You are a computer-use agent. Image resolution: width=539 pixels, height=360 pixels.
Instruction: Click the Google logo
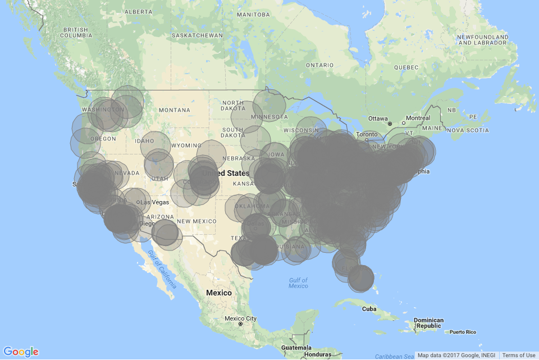(x=21, y=352)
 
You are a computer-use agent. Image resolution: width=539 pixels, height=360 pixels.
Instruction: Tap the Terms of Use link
(x=518, y=356)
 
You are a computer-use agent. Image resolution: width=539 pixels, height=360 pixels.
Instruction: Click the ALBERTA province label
(x=139, y=12)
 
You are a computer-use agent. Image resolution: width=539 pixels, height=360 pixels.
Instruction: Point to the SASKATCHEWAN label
(x=197, y=35)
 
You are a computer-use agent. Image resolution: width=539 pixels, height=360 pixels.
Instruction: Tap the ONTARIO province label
(x=320, y=65)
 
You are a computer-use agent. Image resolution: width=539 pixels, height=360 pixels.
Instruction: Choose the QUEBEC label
(x=406, y=67)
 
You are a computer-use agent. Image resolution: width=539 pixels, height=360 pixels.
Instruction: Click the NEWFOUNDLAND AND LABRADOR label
(x=483, y=40)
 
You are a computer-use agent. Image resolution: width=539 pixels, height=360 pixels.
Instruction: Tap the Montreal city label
(x=418, y=118)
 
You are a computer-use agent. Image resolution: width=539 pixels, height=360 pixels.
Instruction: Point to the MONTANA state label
(x=179, y=110)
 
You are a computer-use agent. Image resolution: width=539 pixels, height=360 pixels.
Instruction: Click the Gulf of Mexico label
(x=298, y=283)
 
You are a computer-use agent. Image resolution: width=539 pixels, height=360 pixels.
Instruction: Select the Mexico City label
(x=240, y=319)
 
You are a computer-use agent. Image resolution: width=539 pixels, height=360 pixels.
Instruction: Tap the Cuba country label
(x=368, y=309)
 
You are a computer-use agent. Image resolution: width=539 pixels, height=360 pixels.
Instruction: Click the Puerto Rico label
(x=463, y=332)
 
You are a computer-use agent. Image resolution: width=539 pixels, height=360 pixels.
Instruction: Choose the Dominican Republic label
(x=428, y=323)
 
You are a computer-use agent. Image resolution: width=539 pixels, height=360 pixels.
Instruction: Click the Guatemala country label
(x=296, y=348)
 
